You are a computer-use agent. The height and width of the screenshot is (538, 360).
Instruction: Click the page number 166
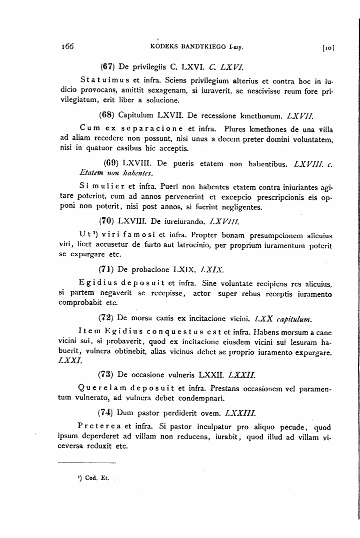tap(66, 47)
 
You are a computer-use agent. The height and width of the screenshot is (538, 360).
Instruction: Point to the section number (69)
tap(112, 162)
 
